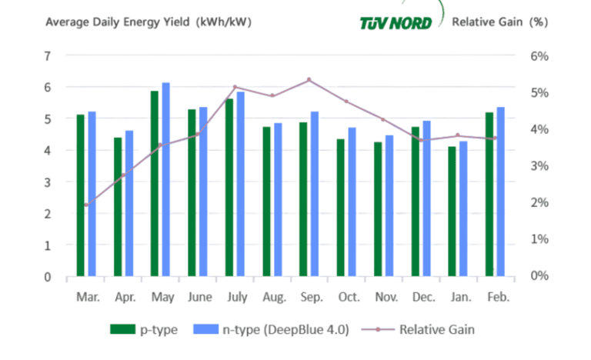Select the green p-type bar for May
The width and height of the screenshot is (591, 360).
pos(155,184)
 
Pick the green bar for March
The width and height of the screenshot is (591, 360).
pos(80,195)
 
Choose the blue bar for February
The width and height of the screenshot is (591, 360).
pos(500,192)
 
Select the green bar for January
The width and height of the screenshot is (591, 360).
pos(452,212)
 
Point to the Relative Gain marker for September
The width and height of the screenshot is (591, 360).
pos(309,80)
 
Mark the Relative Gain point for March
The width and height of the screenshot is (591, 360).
pos(86,205)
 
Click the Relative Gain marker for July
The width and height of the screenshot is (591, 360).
pos(235,88)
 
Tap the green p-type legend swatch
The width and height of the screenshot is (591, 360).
pos(122,329)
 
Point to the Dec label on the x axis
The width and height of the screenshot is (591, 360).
pos(421,295)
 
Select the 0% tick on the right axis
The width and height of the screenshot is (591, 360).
pos(539,275)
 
